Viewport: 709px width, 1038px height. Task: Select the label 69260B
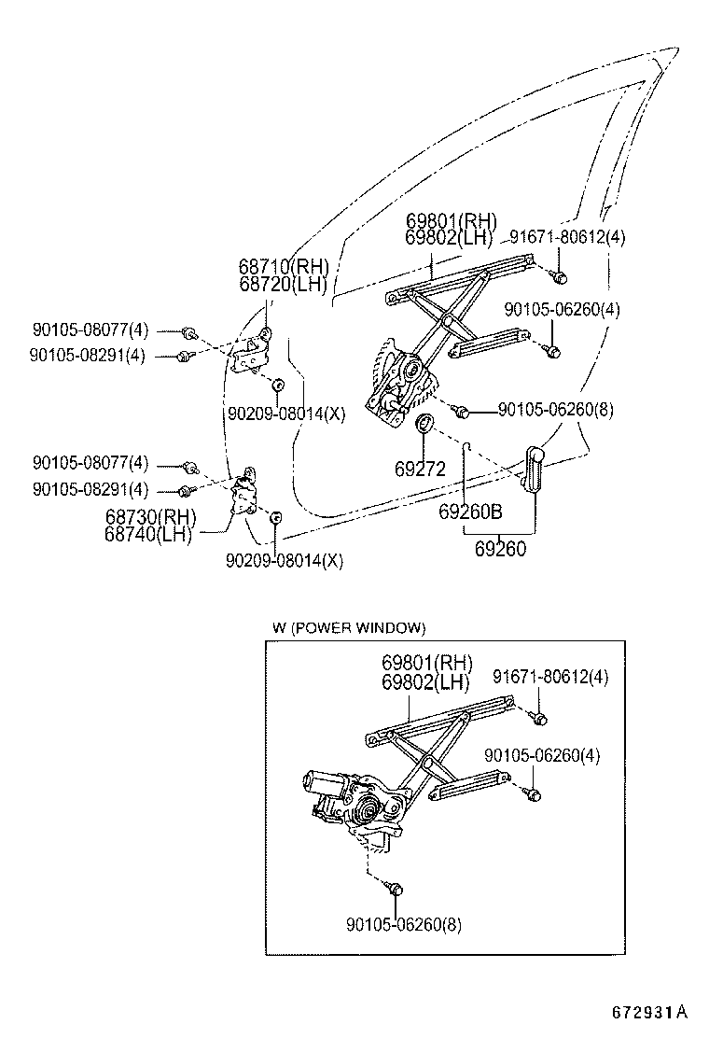click(x=470, y=512)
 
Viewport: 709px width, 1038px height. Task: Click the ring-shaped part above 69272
click(x=424, y=426)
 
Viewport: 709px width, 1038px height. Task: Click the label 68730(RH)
click(x=150, y=516)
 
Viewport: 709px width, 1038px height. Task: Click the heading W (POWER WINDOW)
click(x=349, y=628)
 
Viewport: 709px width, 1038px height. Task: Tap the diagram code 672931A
click(x=649, y=1012)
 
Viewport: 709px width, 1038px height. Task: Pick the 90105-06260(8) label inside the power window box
click(x=403, y=924)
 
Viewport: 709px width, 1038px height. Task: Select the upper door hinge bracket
click(x=253, y=353)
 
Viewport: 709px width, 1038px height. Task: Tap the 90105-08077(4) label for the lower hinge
click(x=90, y=463)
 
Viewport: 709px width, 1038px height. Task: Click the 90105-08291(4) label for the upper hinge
click(x=87, y=356)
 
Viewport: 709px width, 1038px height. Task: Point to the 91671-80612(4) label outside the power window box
click(x=567, y=237)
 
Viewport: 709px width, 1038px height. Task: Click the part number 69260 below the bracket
click(x=500, y=549)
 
